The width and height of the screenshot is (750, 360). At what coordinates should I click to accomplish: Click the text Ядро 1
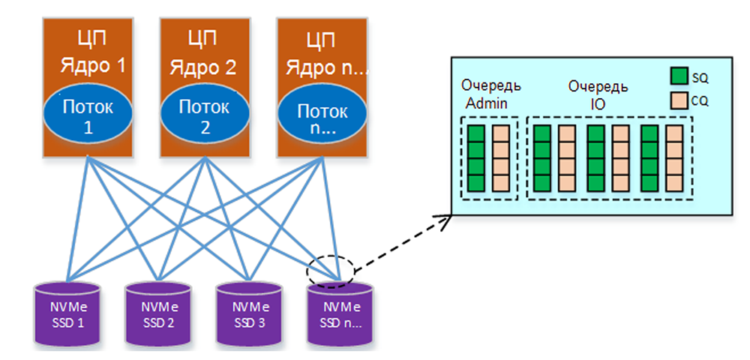point(92,66)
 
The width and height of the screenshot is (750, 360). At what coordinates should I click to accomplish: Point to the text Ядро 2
point(203,67)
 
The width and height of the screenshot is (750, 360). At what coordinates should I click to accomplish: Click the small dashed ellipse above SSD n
point(330,269)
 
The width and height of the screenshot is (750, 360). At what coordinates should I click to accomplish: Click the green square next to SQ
point(679,76)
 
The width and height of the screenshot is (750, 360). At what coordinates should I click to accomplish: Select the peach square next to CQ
point(679,98)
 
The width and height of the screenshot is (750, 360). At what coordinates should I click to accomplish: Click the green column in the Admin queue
point(476,157)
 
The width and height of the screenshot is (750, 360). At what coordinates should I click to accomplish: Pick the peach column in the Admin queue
point(501,157)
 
